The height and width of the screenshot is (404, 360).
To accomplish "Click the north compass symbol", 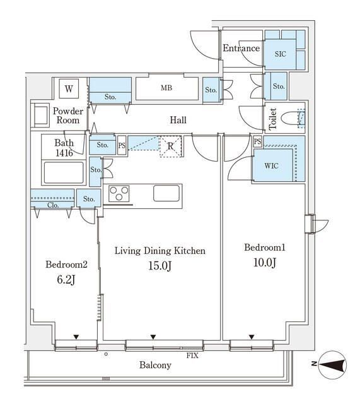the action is [332, 365].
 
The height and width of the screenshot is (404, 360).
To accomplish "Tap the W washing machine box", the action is [69, 88].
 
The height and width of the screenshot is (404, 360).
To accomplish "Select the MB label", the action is [166, 88].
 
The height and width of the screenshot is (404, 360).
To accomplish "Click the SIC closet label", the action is [280, 54].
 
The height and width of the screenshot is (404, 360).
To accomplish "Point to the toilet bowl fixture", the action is [290, 119].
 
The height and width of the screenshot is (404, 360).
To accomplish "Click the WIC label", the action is [272, 165].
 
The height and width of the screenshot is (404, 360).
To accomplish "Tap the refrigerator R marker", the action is [170, 146].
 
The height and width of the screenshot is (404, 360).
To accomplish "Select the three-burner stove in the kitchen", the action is [119, 193].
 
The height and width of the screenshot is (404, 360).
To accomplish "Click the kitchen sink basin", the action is [166, 193].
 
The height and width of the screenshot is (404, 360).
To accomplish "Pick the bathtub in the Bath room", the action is [64, 172].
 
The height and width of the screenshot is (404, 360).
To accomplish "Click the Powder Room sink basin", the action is [40, 115].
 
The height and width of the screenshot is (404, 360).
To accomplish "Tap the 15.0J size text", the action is [160, 266].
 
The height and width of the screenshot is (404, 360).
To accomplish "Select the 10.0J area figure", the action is [265, 263].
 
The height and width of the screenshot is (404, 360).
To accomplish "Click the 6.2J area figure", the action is [66, 279].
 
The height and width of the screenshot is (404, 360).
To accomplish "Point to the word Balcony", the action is [156, 365].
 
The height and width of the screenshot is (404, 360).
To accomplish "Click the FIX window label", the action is [192, 355].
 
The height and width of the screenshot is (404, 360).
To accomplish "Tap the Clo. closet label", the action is [53, 205].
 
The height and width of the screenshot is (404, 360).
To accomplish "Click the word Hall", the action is [178, 120].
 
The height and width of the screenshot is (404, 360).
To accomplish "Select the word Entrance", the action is [241, 48].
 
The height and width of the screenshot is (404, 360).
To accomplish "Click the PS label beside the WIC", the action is [257, 141].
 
